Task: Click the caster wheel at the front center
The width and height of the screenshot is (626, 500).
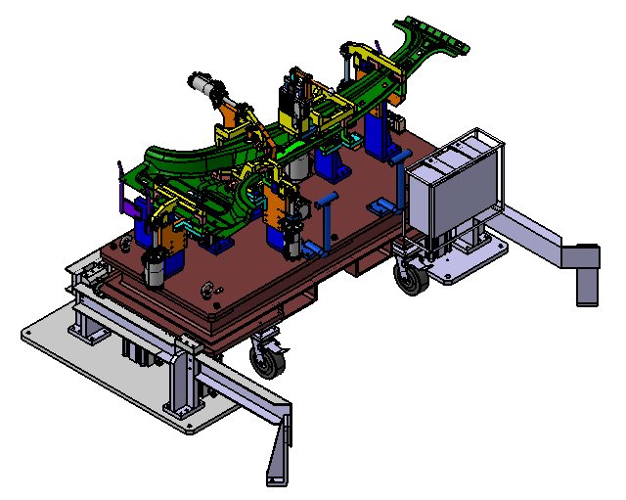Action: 268,358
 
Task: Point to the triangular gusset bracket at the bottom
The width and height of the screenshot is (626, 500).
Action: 279,450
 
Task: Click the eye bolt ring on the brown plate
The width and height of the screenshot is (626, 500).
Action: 208,290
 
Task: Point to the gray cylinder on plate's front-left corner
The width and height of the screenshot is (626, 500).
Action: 155,267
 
